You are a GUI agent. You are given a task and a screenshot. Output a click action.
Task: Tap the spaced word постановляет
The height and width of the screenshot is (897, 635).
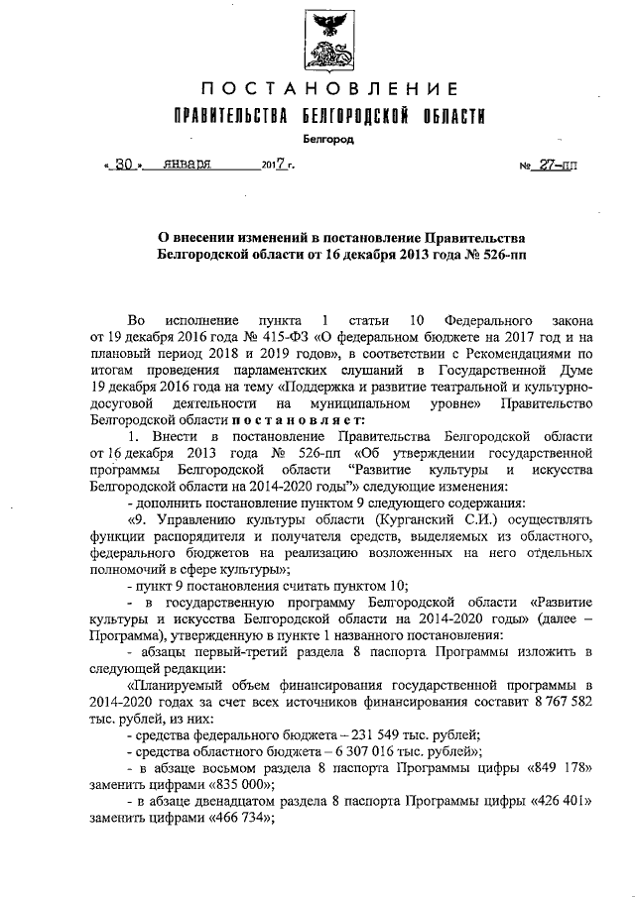pyautogui.click(x=231, y=420)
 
